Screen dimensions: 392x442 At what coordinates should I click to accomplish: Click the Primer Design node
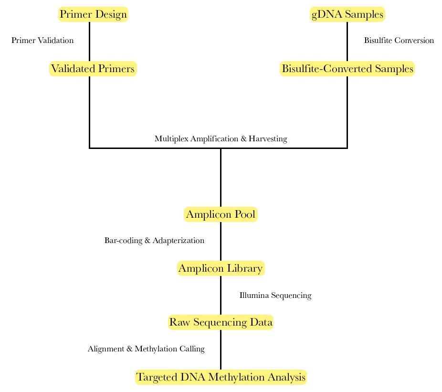93,14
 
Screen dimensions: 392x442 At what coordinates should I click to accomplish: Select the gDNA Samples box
347,14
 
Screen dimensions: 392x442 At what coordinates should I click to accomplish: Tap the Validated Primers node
93,69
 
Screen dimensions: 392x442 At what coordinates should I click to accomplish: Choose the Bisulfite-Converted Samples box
347,69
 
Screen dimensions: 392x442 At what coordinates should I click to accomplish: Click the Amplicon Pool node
221,214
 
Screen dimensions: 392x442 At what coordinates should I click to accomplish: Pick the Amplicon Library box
221,268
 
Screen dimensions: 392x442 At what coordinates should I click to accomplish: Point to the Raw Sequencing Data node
221,322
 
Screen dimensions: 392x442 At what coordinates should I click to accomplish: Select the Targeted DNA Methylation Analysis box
221,377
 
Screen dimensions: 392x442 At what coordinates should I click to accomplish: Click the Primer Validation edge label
42,41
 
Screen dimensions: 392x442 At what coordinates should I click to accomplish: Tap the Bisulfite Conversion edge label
399,41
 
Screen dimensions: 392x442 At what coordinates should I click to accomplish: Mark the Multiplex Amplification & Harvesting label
221,139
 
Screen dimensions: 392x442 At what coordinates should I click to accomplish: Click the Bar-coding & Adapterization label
154,241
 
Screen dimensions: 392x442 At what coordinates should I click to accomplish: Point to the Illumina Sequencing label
275,296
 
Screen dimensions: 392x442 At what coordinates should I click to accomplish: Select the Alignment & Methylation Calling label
146,349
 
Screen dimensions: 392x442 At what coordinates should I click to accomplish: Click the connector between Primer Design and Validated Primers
90,42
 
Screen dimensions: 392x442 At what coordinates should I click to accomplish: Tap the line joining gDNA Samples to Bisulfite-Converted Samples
347,42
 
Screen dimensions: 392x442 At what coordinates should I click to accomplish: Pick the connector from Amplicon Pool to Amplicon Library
221,242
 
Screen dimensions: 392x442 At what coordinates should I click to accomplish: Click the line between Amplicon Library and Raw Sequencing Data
221,296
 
